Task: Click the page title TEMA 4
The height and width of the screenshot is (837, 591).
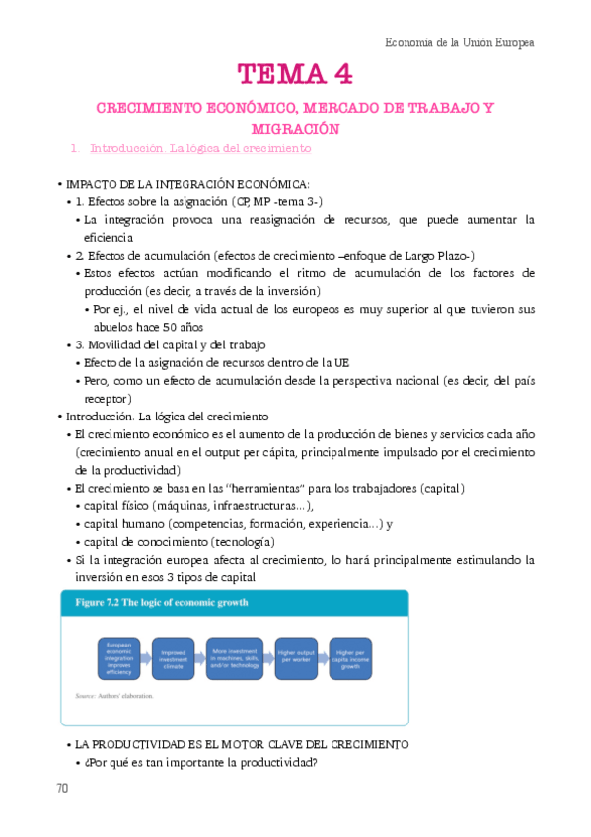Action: pyautogui.click(x=294, y=74)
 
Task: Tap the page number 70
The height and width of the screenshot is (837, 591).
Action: pyautogui.click(x=63, y=789)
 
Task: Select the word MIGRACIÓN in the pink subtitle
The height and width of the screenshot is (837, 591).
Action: pyautogui.click(x=295, y=128)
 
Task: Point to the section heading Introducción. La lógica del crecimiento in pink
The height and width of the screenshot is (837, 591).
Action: pyautogui.click(x=200, y=149)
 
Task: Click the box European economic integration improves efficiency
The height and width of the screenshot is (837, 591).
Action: pyautogui.click(x=120, y=657)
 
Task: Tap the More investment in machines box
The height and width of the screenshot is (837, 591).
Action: pyautogui.click(x=237, y=657)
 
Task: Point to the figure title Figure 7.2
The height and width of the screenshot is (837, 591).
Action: pyautogui.click(x=157, y=602)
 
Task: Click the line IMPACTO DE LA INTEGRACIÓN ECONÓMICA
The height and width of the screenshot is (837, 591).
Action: pyautogui.click(x=187, y=184)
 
